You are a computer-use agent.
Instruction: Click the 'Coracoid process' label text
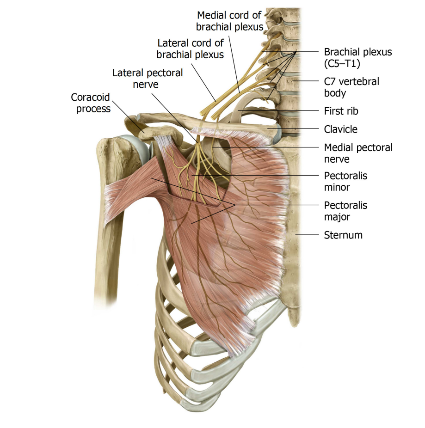[x=91, y=103]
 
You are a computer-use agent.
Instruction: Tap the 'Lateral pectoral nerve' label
[x=148, y=79]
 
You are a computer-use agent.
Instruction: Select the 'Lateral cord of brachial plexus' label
[x=190, y=49]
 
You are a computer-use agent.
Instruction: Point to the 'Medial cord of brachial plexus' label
[x=230, y=21]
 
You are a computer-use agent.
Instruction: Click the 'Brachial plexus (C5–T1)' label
[x=358, y=58]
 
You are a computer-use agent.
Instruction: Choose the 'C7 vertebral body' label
[x=351, y=87]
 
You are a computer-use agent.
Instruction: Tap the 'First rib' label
[x=341, y=111]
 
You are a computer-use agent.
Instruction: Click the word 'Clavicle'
[x=340, y=129]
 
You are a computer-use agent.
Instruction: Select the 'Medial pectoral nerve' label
[x=358, y=153]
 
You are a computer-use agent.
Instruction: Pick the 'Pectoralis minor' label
[x=345, y=182]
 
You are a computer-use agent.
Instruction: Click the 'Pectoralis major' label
[x=345, y=211]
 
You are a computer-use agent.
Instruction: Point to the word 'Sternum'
[x=343, y=235]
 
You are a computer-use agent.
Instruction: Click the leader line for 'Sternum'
[x=307, y=234]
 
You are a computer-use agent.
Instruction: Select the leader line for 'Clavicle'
[x=293, y=128]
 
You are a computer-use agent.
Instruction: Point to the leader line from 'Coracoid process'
[x=128, y=116]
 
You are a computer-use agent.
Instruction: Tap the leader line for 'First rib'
[x=278, y=110]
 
